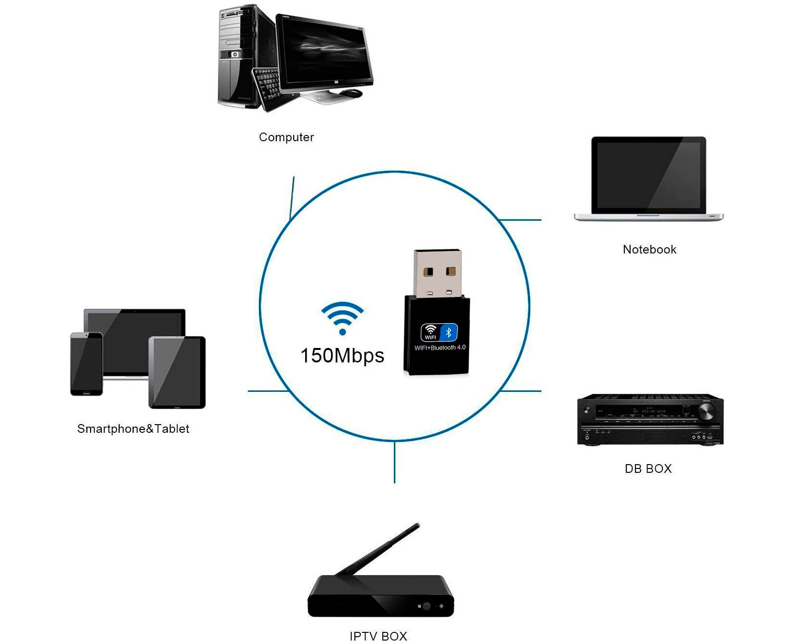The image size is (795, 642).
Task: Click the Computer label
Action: [286, 137]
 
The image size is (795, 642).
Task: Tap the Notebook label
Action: [649, 250]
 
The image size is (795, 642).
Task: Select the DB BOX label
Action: [648, 468]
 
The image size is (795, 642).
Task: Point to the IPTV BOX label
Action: [378, 636]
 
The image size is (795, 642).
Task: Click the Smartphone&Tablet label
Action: [133, 429]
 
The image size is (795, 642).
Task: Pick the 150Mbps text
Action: [342, 356]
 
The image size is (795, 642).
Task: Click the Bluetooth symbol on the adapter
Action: [449, 332]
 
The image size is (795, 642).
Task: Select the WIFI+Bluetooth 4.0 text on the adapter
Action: [440, 348]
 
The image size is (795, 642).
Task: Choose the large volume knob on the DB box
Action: [707, 411]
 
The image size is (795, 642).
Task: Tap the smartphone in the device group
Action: [87, 364]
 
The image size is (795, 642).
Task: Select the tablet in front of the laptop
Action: [177, 372]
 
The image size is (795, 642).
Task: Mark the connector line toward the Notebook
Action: [521, 220]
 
